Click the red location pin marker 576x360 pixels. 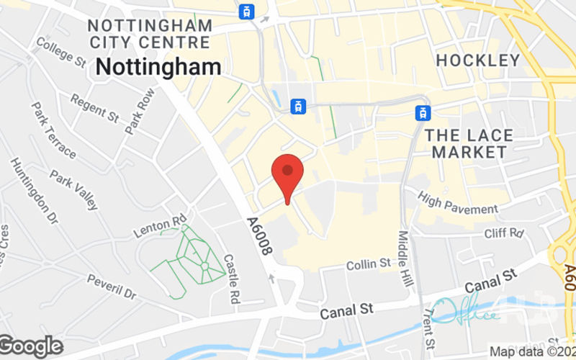287,173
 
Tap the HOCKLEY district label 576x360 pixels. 477,60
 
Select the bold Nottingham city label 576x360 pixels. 158,67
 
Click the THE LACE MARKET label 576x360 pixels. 469,143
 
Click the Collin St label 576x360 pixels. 369,266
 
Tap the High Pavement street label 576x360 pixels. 457,203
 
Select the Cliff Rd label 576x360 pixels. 504,233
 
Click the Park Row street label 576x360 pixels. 140,110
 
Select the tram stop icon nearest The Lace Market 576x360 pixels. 423,112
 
